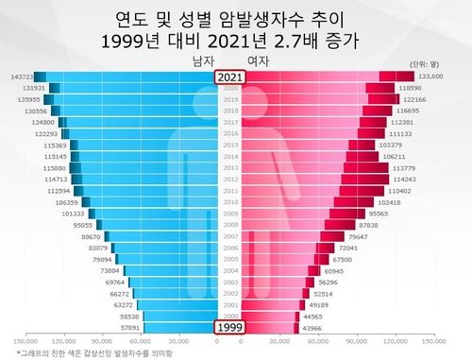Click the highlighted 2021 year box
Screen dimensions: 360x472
tap(228, 77)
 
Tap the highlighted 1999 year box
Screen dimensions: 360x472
tap(228, 327)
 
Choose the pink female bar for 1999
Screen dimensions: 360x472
tap(283, 327)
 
